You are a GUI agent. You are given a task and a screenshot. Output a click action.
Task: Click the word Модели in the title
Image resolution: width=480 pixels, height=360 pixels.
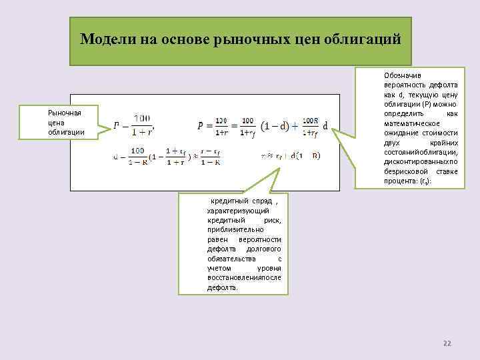(108, 39)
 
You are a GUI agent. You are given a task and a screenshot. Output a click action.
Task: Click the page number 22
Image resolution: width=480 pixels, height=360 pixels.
(447, 343)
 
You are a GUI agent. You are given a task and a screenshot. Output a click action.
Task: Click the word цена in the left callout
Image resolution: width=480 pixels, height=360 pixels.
(57, 122)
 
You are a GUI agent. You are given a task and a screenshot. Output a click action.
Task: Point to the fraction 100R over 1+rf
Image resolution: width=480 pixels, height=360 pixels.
(311, 125)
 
